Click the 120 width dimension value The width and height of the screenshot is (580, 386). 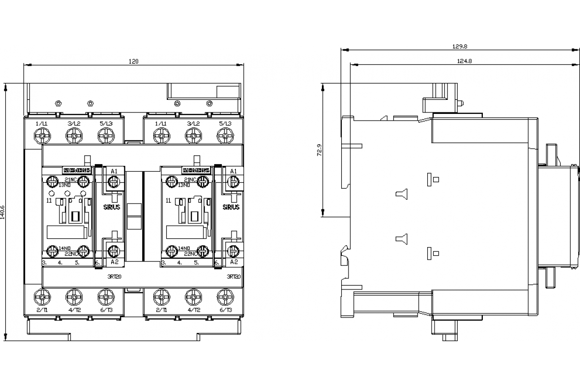click(x=133, y=61)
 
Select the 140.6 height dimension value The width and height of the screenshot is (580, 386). click(x=4, y=213)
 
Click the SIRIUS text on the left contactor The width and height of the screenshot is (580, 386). click(x=113, y=207)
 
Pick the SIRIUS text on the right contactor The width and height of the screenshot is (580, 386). click(x=231, y=207)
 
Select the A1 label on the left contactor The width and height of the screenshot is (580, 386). click(x=114, y=172)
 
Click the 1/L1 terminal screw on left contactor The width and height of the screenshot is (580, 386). click(x=43, y=137)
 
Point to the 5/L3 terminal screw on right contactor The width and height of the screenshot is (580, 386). click(x=224, y=137)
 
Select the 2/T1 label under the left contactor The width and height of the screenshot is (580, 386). click(x=43, y=310)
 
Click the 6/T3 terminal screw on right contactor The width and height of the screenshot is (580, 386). click(x=224, y=295)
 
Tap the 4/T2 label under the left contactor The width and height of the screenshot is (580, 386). click(x=73, y=310)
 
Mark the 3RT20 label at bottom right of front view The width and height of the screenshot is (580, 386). click(x=233, y=277)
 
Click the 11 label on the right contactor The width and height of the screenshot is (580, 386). click(x=168, y=200)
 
